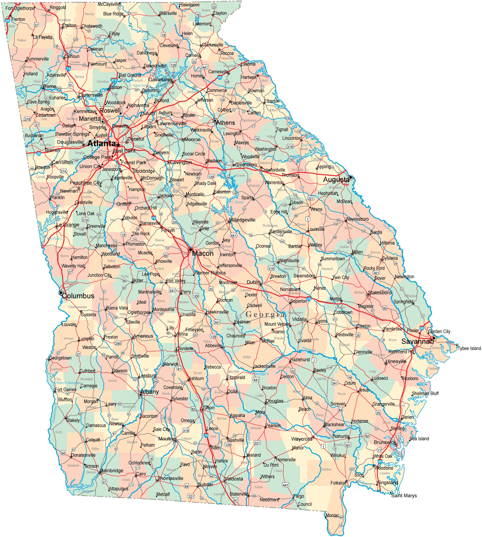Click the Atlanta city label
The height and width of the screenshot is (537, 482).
pyautogui.click(x=101, y=143)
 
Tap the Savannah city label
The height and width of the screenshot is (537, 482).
pyautogui.click(x=417, y=341)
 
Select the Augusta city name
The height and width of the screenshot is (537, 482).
pyautogui.click(x=336, y=180)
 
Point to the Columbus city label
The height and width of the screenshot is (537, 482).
pyautogui.click(x=78, y=296)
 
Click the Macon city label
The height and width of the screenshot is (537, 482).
pyautogui.click(x=203, y=253)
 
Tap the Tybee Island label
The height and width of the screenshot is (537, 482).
pyautogui.click(x=469, y=348)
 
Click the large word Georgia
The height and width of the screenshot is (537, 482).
pyautogui.click(x=265, y=314)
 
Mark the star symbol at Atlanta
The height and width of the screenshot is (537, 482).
pyautogui.click(x=118, y=145)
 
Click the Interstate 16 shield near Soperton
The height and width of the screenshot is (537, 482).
pyautogui.click(x=309, y=299)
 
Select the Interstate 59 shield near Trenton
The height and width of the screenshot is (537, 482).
pyautogui.click(x=8, y=21)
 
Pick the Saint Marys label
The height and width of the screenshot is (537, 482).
pyautogui.click(x=404, y=496)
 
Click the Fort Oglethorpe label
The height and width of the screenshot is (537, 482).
pyautogui.click(x=20, y=8)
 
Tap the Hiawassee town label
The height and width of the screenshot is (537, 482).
pyautogui.click(x=189, y=5)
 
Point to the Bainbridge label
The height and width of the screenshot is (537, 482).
pyautogui.click(x=112, y=470)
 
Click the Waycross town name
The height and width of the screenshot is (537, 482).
pyautogui.click(x=302, y=439)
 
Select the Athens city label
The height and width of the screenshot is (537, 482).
pyautogui.click(x=226, y=123)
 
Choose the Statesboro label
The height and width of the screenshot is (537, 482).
pyautogui.click(x=380, y=292)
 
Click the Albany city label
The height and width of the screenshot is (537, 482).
pyautogui.click(x=150, y=392)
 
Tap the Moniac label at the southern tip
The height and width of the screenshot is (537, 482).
pyautogui.click(x=332, y=515)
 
